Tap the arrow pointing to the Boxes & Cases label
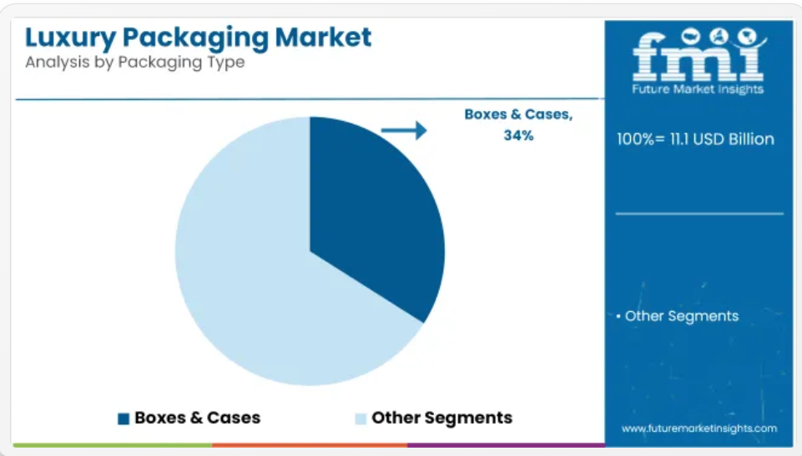coord(404,130)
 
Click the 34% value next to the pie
coord(518,135)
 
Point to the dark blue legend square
coord(124,418)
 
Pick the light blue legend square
coord(361,418)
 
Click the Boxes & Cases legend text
coord(198,418)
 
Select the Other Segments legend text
coord(442,418)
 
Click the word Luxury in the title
coord(71,38)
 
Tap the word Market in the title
coord(323,38)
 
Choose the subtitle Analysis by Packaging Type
coord(135,63)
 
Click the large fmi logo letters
coord(699,55)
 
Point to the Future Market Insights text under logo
coord(698,89)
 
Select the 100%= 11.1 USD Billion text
coord(696,139)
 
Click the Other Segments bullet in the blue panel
coord(678,316)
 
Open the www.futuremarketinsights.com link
coord(699,428)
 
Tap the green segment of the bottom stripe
coord(113,446)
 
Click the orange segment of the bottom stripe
coord(310,446)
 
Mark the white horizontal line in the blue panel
coord(699,213)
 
